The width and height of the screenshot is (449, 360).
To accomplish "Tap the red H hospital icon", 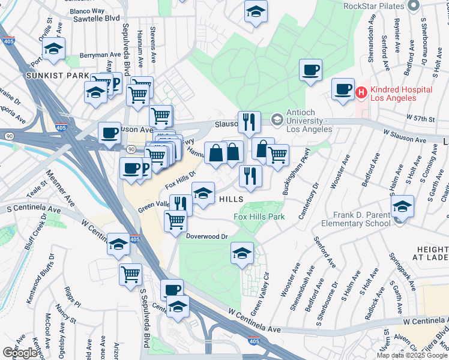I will coord(361,93).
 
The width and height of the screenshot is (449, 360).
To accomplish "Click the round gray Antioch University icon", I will coord(277,118).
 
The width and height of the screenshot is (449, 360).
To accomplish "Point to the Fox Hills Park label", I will coord(259,216).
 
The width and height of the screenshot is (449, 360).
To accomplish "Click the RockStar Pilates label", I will coord(372,6).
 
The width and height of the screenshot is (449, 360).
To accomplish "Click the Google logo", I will coord(20,352).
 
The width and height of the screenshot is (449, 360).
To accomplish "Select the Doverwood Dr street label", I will coord(207,236).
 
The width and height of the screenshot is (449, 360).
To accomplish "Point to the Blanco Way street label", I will coord(87,11).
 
